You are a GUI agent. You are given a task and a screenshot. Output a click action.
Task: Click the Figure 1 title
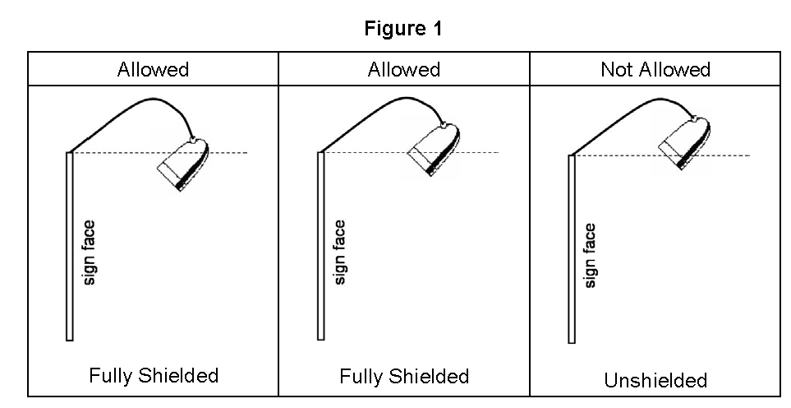pos(403,30)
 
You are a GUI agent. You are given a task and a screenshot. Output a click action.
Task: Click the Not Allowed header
pos(655,69)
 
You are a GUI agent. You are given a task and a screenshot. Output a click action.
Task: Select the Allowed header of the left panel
pos(153,69)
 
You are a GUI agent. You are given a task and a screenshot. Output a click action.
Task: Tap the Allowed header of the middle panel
pos(403,69)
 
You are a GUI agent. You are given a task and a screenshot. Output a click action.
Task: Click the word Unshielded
pos(655,380)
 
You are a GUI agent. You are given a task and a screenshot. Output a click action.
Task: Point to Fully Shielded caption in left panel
pos(154,376)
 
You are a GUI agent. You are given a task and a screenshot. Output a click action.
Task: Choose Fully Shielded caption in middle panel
pos(404,376)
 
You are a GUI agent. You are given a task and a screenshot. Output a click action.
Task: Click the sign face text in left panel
pos(90,252)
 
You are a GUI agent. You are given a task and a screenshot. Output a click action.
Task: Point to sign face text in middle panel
pos(341,252)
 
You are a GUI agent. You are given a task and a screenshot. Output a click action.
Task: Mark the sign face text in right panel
pos(590,256)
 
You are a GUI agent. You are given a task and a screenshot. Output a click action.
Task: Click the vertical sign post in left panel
pos(70,247)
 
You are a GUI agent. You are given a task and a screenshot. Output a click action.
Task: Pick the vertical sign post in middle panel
pos(321,247)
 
